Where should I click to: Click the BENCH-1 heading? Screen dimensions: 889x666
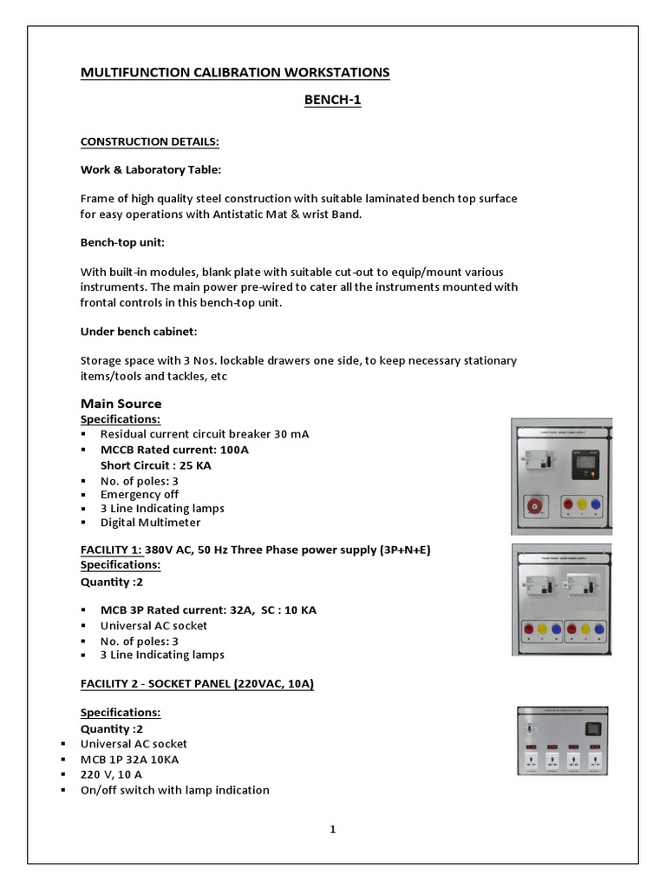[332, 100]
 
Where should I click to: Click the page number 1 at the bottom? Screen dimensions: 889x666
[332, 829]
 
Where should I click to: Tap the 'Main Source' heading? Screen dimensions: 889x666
[121, 404]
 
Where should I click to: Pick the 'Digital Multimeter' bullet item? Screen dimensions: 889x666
[150, 523]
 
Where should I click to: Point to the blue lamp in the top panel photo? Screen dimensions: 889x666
[601, 504]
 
